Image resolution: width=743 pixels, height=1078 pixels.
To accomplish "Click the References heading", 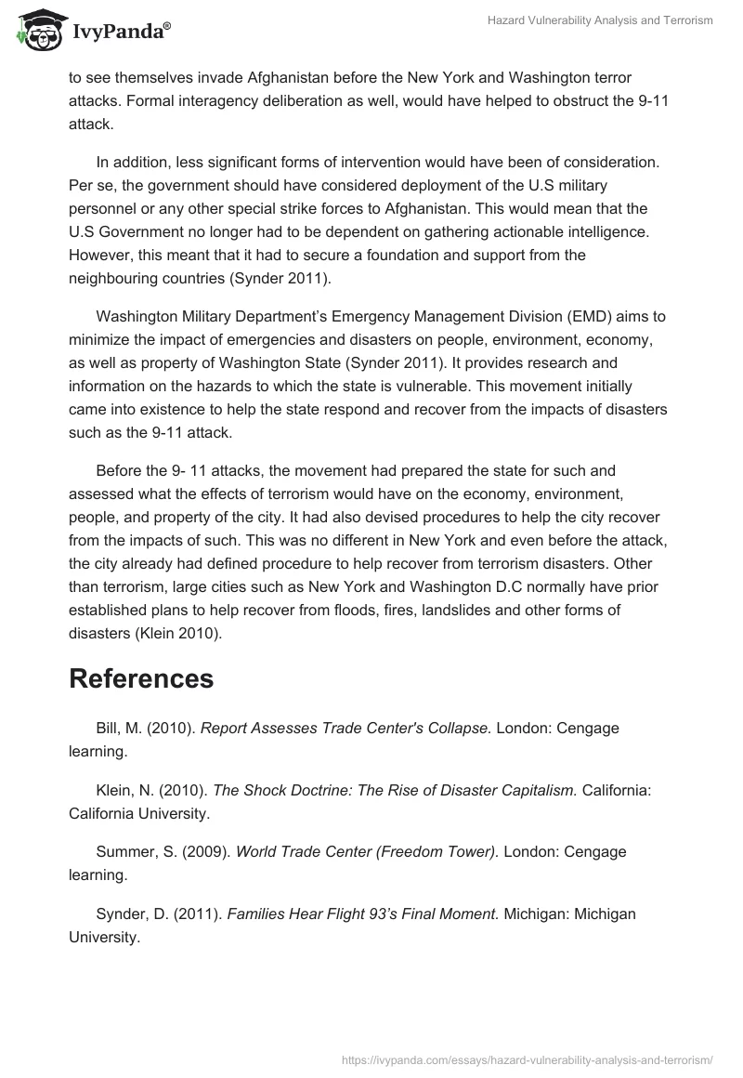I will (141, 678).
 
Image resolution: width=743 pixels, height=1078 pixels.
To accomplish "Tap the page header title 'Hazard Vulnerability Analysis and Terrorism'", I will (600, 20).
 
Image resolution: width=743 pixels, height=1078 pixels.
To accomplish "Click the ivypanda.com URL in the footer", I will (527, 1058).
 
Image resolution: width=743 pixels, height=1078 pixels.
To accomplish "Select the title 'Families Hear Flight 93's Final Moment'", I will (363, 914).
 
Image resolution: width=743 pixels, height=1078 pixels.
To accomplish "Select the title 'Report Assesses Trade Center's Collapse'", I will (346, 729).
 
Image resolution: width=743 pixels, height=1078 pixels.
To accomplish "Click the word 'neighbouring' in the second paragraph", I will (114, 277).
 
